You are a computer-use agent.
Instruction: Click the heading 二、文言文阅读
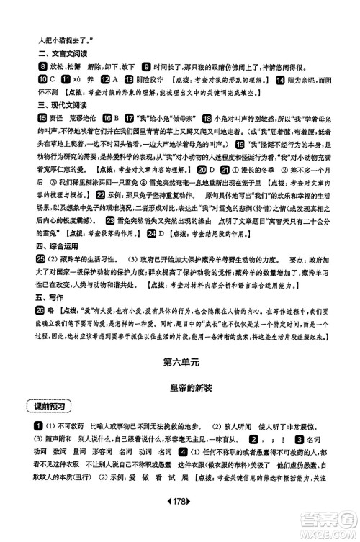49,53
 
